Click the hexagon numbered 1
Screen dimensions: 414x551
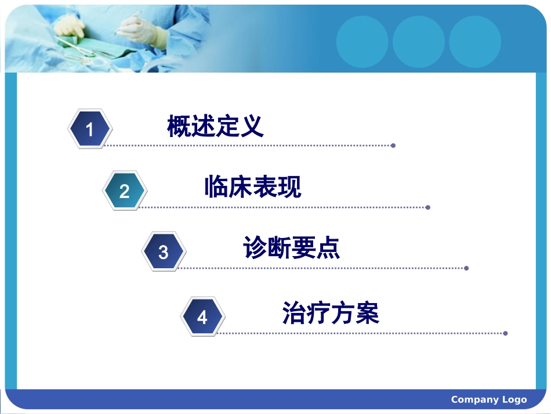[x=89, y=129]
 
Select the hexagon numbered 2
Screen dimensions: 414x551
[x=124, y=190]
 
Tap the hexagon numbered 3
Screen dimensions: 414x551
[x=164, y=251]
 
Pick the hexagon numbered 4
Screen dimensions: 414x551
[x=202, y=316]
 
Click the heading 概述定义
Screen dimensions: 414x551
[x=215, y=127]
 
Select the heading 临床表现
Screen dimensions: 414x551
[x=253, y=187]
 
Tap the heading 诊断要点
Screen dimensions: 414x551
[x=292, y=249]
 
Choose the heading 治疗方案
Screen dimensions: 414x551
[x=331, y=314]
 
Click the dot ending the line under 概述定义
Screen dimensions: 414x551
[x=393, y=145]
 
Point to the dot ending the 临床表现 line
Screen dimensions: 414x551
[x=428, y=207]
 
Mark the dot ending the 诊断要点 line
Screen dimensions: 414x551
[x=466, y=268]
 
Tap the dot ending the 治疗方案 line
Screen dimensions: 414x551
[x=505, y=333]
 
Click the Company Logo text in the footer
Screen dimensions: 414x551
[x=488, y=399]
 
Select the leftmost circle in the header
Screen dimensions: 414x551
[x=362, y=42]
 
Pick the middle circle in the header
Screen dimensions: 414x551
[x=419, y=42]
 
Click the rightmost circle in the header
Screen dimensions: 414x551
[x=475, y=42]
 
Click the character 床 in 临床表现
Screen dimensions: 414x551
[x=241, y=187]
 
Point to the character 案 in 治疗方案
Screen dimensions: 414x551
[x=367, y=314]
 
